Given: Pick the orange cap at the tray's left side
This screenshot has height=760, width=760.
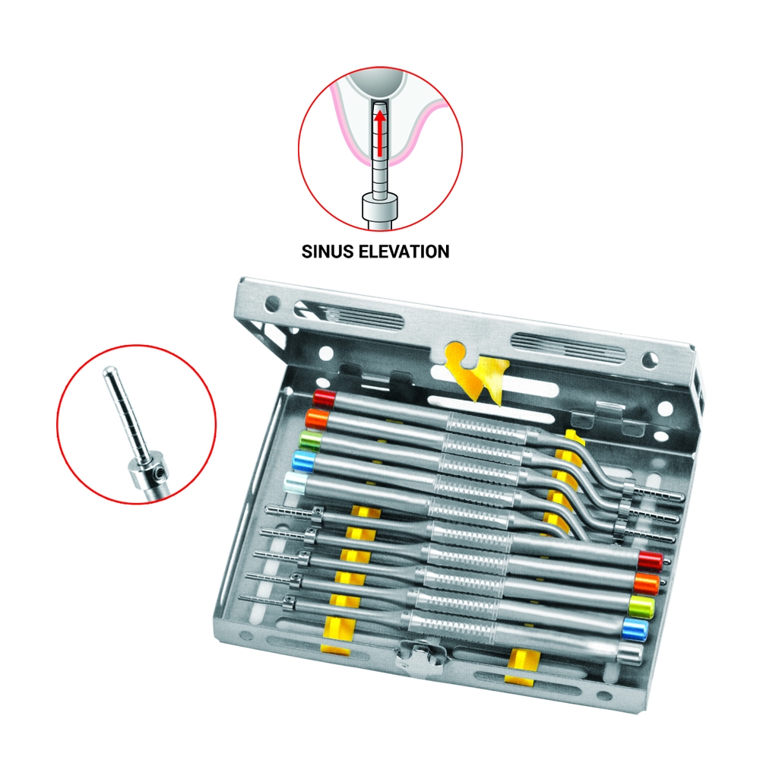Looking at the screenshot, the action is [x=318, y=418].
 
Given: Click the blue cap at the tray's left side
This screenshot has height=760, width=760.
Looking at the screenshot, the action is [x=303, y=460].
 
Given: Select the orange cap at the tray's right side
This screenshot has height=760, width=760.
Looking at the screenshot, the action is [x=645, y=583].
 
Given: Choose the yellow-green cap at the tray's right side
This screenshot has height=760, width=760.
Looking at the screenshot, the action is [x=641, y=606].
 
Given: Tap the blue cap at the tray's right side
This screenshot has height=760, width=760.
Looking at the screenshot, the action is [x=635, y=629].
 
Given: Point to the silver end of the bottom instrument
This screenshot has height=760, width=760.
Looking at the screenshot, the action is [x=630, y=652].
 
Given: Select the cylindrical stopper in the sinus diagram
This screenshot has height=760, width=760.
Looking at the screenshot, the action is [x=381, y=207].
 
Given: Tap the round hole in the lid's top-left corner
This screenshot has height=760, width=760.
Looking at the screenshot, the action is [x=273, y=304].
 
